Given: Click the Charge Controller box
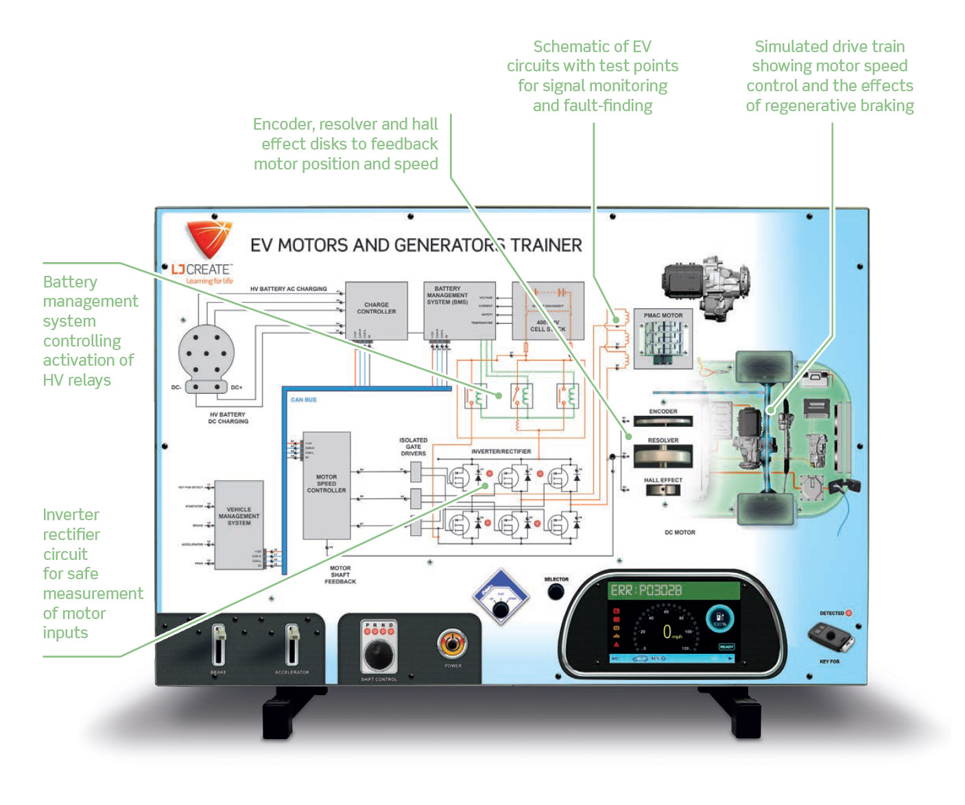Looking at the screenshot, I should point(376,310).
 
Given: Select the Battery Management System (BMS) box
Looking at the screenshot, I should point(459,310).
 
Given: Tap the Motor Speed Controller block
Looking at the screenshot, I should point(326,485).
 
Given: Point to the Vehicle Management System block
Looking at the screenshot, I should point(239,524).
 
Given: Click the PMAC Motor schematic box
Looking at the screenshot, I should point(663,339).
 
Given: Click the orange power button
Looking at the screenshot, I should point(452,644).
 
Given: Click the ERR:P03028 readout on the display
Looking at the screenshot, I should point(646,590).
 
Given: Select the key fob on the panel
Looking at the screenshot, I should point(831,638).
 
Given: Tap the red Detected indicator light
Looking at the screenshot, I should point(848,613).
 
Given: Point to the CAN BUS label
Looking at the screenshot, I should point(304,399).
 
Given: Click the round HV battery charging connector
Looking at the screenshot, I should point(206,355).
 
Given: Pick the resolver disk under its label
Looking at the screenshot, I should point(663,456).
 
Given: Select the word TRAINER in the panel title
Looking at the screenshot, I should point(546,245).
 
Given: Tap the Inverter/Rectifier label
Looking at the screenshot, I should point(501,452).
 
